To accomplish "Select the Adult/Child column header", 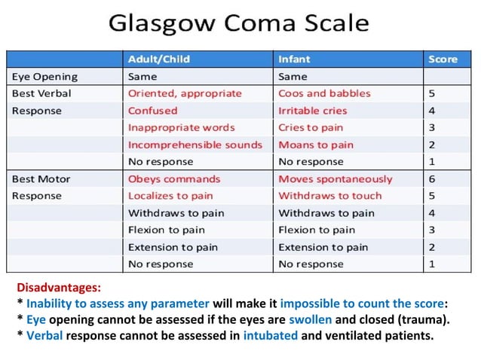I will [x=158, y=59].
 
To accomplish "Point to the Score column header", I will [x=443, y=59].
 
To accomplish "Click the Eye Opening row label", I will [x=44, y=76].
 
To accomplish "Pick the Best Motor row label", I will [x=41, y=178].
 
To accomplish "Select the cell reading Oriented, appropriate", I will [x=185, y=93].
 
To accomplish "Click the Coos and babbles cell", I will [x=324, y=93].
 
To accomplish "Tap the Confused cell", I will [x=153, y=110].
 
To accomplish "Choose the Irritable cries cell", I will [x=314, y=110].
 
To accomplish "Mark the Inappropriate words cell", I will [x=181, y=127].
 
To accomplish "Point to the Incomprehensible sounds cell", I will [x=195, y=144].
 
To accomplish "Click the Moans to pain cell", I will [x=316, y=144].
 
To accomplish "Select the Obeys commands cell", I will [x=174, y=178].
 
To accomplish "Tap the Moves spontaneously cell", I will [x=335, y=178].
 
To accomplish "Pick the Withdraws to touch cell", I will [x=330, y=196].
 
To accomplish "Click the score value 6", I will [x=432, y=178].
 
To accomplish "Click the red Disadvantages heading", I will [x=59, y=288].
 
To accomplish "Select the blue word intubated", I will [x=270, y=335].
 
